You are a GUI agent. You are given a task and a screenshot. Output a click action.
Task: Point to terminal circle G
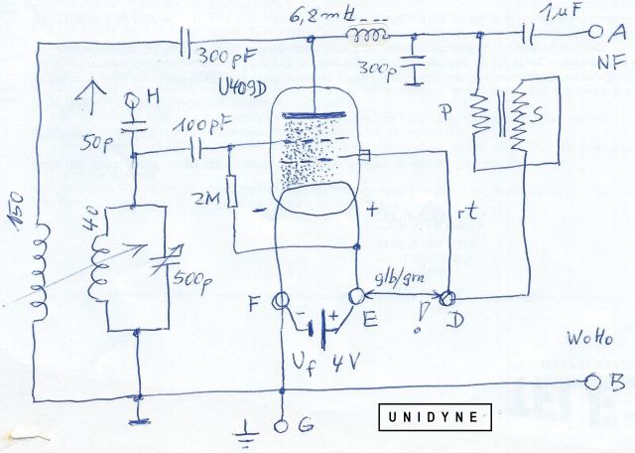279,425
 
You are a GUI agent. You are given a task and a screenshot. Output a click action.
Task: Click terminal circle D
447,297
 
